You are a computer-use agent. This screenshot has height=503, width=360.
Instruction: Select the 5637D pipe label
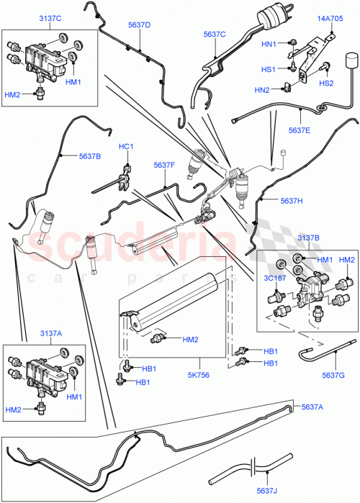point(139,25)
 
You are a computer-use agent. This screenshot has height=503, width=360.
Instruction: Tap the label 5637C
point(215,34)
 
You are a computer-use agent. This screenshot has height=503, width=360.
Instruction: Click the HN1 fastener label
point(268,45)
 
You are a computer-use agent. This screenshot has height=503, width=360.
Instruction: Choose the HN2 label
point(261,90)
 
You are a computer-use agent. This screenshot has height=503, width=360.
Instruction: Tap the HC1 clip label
point(127,148)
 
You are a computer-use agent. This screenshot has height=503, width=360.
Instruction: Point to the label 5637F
point(164,166)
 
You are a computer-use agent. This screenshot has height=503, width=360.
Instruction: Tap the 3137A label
point(31,332)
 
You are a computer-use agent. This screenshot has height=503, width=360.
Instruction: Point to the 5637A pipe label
point(312,407)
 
